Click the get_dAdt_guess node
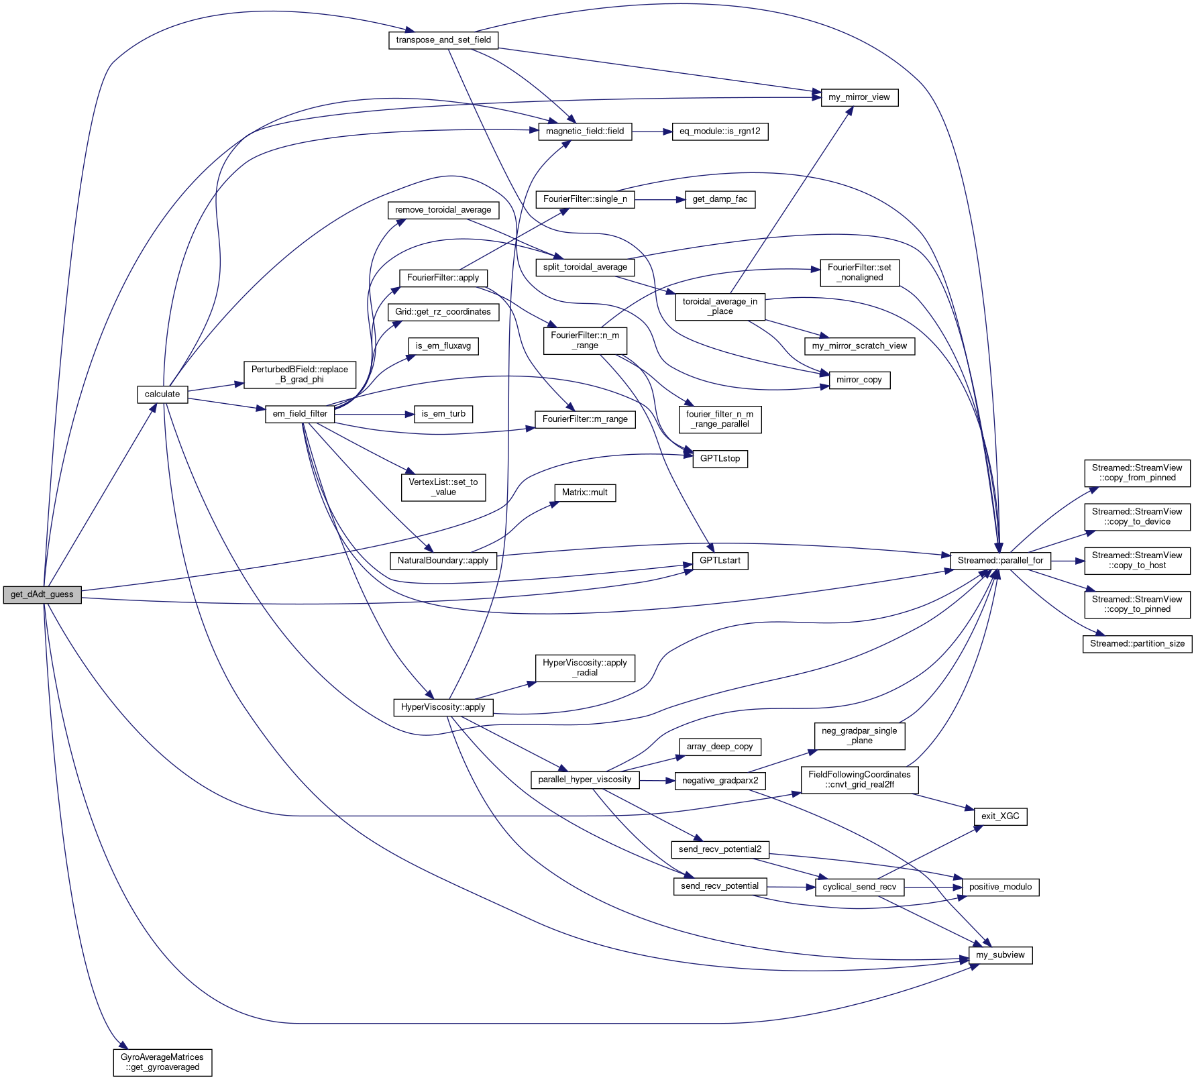[x=42, y=594]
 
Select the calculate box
[x=162, y=394]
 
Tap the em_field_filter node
[x=300, y=414]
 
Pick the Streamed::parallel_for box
[x=1000, y=561]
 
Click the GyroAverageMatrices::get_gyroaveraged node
[x=162, y=1062]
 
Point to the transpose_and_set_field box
[x=443, y=40]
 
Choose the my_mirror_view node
[x=859, y=97]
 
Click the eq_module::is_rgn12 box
[x=720, y=131]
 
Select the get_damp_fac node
[x=720, y=199]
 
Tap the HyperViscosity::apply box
[x=443, y=707]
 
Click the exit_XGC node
[x=1000, y=816]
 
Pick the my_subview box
[x=1000, y=955]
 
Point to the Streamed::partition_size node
[x=1137, y=644]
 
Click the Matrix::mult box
[x=585, y=492]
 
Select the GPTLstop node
[x=720, y=459]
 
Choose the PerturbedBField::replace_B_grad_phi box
[x=300, y=374]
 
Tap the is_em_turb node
[x=443, y=414]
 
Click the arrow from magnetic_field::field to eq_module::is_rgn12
[x=652, y=131]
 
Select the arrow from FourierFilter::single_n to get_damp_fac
[x=659, y=199]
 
